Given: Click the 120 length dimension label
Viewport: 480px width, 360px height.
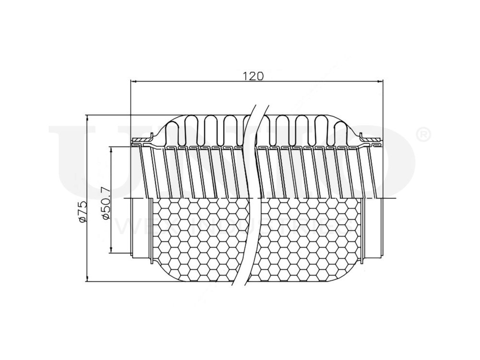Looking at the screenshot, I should (x=253, y=75).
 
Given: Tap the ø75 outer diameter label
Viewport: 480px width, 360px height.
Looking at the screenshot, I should (x=82, y=212).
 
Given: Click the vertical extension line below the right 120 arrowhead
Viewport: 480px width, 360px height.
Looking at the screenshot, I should (x=383, y=110).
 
